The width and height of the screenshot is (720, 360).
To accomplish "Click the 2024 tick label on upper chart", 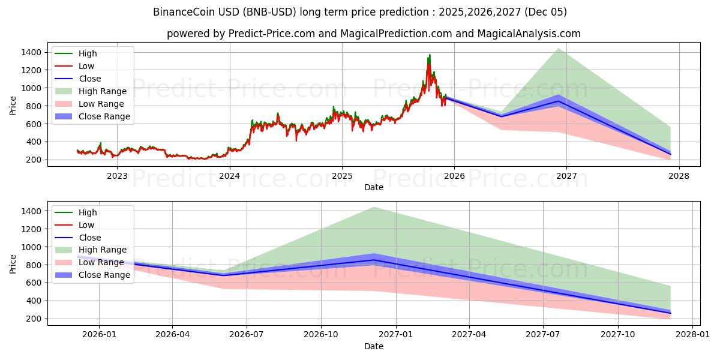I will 229,176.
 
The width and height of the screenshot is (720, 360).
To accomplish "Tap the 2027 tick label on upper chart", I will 566,176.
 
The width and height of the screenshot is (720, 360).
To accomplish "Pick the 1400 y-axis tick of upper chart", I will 31,53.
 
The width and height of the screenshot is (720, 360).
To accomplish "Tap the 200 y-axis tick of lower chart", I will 34,319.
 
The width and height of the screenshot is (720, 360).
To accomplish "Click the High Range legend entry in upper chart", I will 103,91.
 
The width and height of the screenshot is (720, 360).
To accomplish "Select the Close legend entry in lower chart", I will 89,238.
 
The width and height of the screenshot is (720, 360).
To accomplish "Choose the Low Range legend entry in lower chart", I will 101,262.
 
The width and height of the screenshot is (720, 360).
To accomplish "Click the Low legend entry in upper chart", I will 86,66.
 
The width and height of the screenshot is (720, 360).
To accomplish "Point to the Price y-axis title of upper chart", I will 13,105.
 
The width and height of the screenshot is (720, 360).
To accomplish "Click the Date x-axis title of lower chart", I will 374,346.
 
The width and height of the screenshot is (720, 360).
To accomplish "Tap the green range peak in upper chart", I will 559,49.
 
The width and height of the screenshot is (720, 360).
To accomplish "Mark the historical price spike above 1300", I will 430,56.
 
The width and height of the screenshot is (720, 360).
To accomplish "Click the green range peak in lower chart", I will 374,208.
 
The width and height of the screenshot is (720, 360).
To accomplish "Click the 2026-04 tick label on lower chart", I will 173,335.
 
